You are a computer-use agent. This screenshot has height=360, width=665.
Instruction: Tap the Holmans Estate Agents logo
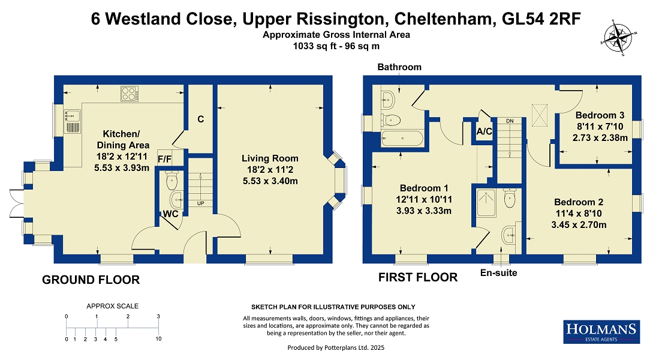(x=601, y=332)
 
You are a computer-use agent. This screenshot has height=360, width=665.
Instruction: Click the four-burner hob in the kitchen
(x=130, y=94)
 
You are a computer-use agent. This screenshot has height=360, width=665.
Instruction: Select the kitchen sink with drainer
(x=72, y=121)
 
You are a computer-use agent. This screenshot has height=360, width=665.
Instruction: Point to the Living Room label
(x=270, y=158)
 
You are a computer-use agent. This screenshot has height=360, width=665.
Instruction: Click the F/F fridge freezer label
(x=164, y=159)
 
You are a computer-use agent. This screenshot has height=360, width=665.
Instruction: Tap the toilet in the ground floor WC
(x=171, y=181)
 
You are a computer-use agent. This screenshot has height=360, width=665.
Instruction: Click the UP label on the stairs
(x=201, y=203)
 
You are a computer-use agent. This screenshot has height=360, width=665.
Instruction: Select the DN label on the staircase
(x=510, y=121)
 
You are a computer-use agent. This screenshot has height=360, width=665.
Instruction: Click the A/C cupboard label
(x=484, y=131)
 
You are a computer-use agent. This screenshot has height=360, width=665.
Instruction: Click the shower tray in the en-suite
(x=486, y=203)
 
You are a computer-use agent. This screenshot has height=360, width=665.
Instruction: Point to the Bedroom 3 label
(x=600, y=115)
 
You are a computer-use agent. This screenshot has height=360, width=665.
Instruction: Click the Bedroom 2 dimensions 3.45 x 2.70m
(x=579, y=225)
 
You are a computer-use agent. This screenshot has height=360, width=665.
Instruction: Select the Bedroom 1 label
(x=424, y=188)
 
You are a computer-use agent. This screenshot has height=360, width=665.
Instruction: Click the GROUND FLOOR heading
(x=91, y=280)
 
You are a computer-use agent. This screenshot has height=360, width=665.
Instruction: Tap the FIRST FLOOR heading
(x=418, y=277)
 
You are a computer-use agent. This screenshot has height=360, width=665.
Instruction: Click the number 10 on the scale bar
(x=158, y=339)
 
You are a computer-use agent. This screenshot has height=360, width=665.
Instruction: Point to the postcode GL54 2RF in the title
(x=541, y=19)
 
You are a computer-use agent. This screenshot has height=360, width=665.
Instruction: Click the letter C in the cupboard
(x=201, y=119)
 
